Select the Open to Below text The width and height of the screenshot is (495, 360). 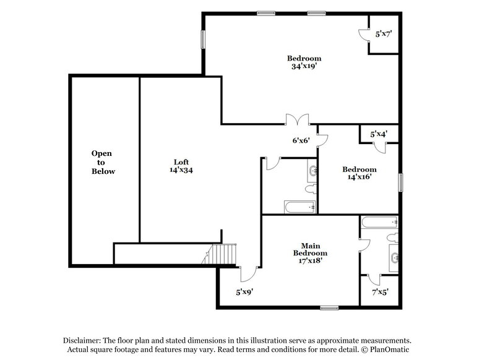[103, 162]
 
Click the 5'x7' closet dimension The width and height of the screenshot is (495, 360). [384, 35]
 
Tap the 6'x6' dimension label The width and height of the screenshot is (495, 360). [301, 140]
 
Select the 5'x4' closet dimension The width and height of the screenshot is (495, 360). [379, 133]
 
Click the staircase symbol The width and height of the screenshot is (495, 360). [223, 254]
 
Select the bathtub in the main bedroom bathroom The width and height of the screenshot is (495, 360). [379, 221]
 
